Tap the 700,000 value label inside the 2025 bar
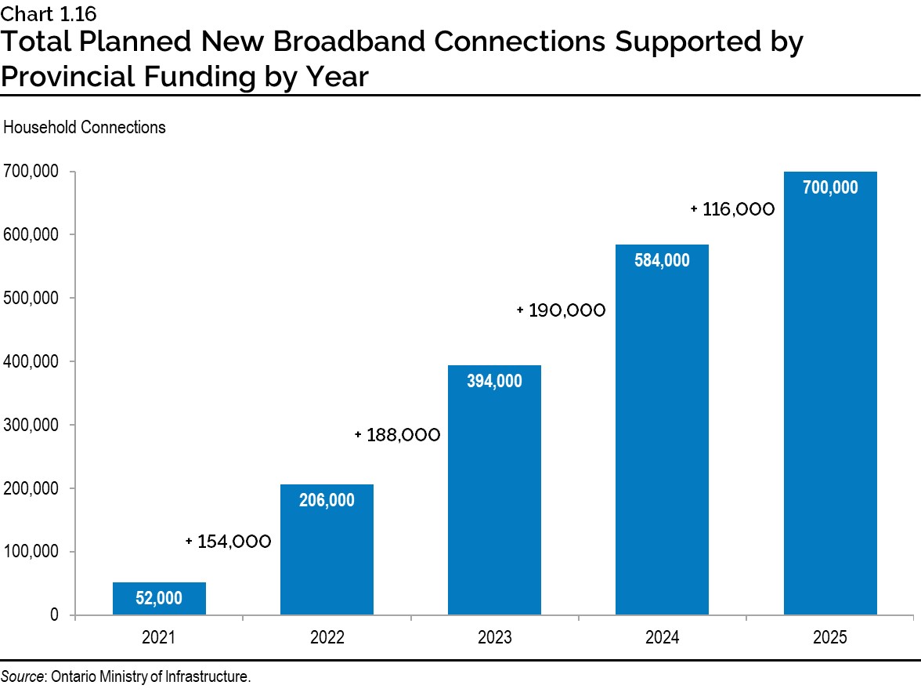pos(830,188)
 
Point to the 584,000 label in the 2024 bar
pos(662,261)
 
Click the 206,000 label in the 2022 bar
pos(327,500)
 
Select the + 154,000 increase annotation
pos(229,542)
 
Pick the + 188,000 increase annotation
pos(397,434)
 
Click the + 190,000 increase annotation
pos(562,310)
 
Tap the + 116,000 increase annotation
pos(732,209)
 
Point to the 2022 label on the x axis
pos(327,638)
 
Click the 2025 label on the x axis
pos(830,638)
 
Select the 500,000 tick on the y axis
pos(31,299)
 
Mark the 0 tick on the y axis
pos(54,615)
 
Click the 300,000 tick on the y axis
pos(31,426)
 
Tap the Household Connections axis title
pos(85,127)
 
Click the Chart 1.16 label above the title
pos(49,13)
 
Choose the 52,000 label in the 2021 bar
pos(159,599)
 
